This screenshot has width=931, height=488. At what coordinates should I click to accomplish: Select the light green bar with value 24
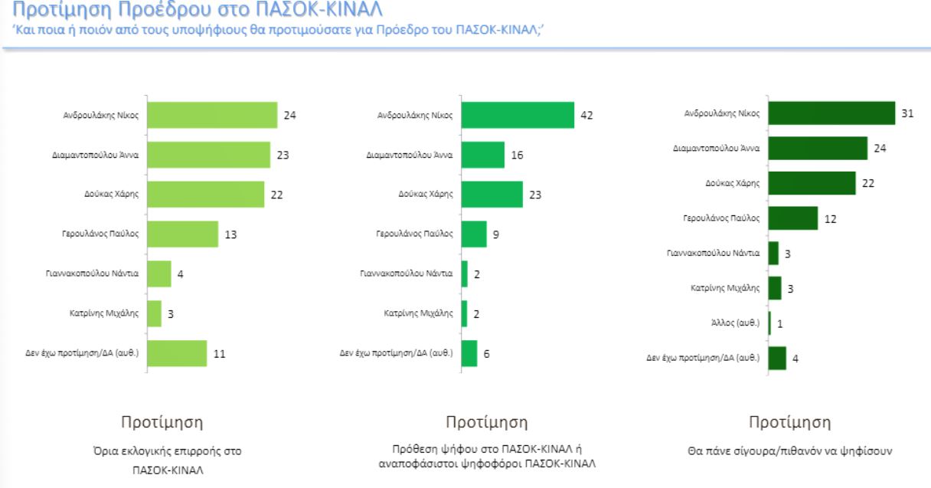tap(211, 115)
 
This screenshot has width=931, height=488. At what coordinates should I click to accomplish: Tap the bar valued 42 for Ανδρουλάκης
tap(518, 115)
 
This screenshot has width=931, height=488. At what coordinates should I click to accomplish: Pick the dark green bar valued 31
tap(831, 113)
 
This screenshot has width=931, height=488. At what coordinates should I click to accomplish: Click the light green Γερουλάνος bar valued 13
tap(182, 234)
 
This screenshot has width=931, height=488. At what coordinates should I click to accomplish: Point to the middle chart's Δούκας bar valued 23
tap(492, 195)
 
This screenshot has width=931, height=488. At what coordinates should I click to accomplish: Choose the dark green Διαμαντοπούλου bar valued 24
tap(818, 148)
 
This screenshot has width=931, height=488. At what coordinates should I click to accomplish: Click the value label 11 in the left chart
tap(220, 353)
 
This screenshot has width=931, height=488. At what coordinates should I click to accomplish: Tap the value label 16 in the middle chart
tap(517, 155)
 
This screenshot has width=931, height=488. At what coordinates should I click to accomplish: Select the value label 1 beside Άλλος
tap(779, 323)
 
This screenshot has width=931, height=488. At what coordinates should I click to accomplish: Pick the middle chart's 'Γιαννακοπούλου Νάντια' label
tap(407, 273)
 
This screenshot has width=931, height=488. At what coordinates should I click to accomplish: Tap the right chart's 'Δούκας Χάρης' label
tap(732, 183)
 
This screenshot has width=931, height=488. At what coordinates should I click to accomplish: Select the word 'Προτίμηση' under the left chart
tap(162, 423)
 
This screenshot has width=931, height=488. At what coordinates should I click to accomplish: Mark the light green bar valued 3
tap(154, 313)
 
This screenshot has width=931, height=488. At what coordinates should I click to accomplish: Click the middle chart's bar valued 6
tap(469, 353)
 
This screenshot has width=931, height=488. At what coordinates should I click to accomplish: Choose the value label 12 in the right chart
tap(830, 218)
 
